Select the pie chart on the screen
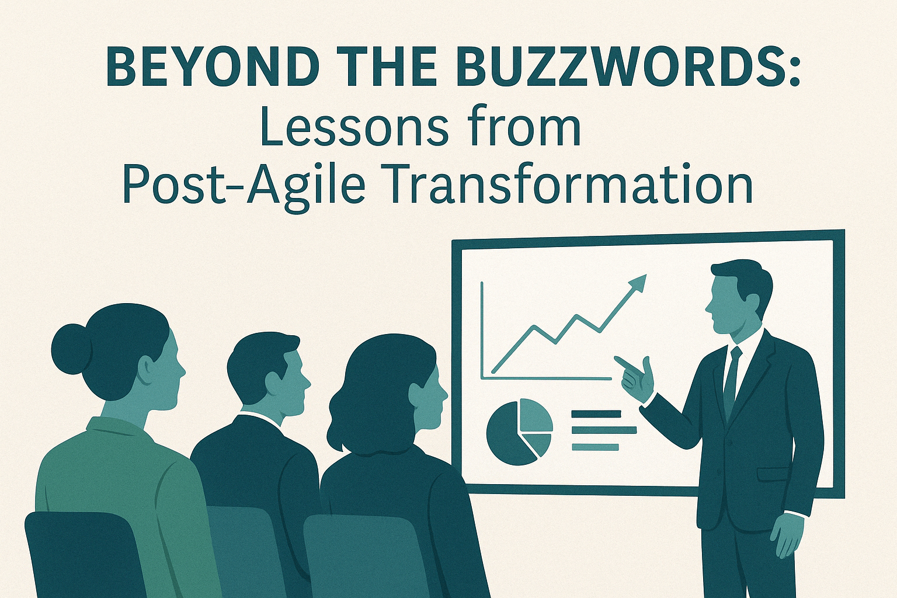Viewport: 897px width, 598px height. click(519, 432)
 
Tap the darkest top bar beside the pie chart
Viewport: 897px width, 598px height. click(596, 414)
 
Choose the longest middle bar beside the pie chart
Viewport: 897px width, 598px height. click(604, 430)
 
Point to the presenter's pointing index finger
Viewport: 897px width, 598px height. click(625, 362)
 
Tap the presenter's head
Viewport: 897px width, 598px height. click(737, 297)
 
